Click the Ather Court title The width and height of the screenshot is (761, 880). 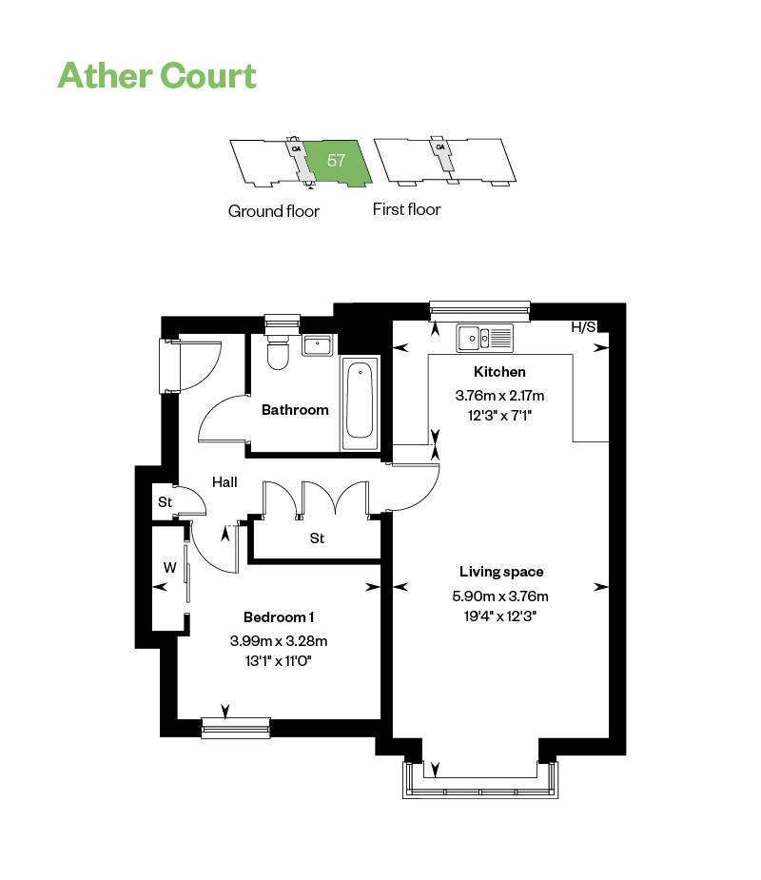157,74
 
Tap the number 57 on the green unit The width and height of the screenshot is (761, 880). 336,160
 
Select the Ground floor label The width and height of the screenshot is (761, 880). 274,211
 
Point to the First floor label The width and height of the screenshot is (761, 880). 406,209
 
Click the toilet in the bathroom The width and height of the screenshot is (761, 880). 278,352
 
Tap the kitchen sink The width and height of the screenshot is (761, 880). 484,336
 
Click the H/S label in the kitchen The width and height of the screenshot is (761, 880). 583,327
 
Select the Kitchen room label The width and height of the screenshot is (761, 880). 499,372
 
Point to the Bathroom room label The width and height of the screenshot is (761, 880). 295,410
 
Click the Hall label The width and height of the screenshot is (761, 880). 224,482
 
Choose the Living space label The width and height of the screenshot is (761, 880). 501,572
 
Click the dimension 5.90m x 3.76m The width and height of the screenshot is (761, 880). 501,596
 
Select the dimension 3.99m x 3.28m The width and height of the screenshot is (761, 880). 279,640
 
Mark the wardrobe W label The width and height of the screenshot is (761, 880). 170,568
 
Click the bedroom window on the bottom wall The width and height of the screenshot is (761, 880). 235,728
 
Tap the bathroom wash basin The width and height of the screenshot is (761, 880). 318,343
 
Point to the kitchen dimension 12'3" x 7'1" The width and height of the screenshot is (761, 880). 499,414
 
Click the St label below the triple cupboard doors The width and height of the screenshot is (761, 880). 317,538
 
